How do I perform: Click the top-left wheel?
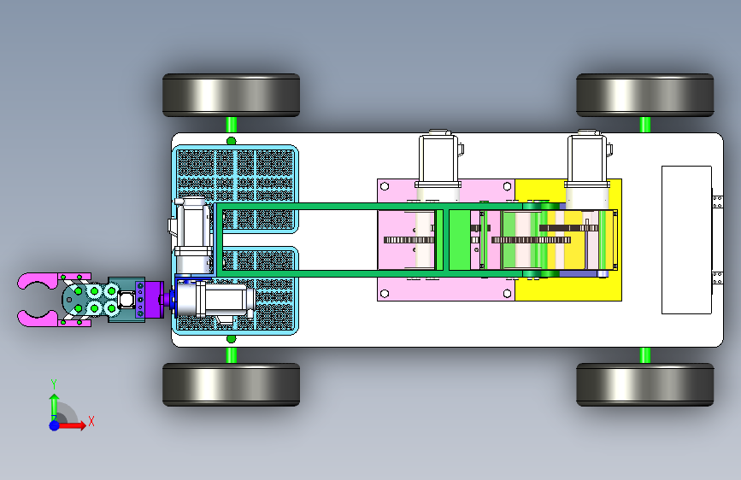(231, 95)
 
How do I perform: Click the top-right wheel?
(645, 95)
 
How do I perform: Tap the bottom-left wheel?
(231, 384)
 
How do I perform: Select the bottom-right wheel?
(645, 384)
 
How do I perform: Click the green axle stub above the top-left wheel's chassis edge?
(231, 125)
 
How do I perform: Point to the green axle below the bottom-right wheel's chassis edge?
(645, 355)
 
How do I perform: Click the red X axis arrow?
(72, 425)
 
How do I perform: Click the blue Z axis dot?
(55, 425)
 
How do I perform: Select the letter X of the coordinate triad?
(91, 421)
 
